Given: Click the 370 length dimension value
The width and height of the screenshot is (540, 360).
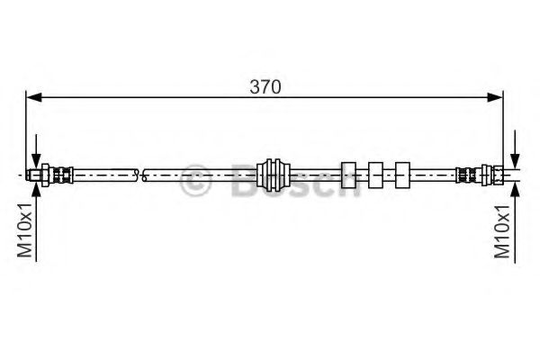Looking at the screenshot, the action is pos(265,86).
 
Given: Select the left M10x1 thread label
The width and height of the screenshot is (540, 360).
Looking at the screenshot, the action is pos(25,230).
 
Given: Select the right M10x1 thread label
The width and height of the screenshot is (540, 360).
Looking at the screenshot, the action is pos(502,230).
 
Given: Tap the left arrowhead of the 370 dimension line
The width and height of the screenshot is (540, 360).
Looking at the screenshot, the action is pos(34,97).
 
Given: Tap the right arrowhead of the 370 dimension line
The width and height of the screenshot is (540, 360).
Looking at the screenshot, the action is pos(495,97).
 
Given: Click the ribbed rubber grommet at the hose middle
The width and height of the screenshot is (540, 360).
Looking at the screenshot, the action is pos(273,175).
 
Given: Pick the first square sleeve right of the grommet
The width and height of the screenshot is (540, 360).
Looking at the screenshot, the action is pos(348,175).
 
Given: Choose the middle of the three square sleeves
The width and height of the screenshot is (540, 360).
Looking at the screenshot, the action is pos(375,175).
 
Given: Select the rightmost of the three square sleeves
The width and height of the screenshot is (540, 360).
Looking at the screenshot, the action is pos(402,175).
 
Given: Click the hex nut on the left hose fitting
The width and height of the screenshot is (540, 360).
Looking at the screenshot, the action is pos(45,175).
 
